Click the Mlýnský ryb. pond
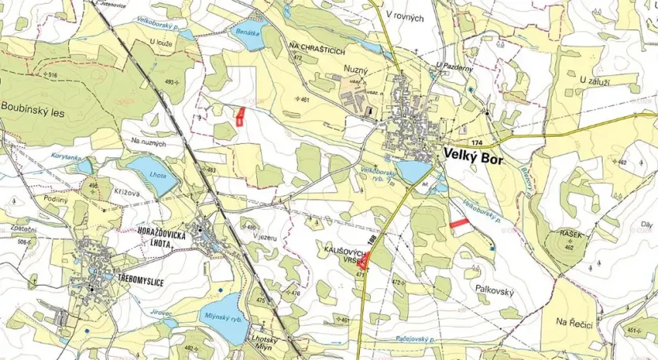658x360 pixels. coord(223,312)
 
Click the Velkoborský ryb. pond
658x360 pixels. coord(412,171)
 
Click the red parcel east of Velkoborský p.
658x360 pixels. coord(459,225)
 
